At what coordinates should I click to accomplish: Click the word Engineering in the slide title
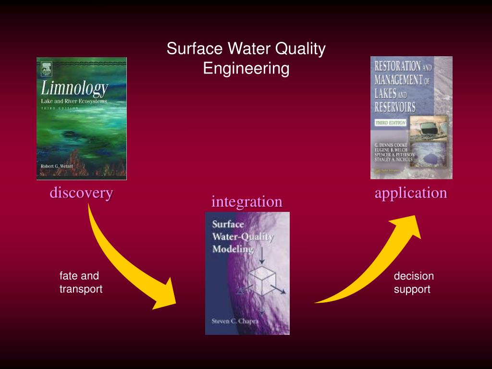(x=246, y=68)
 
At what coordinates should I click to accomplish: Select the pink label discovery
(x=81, y=193)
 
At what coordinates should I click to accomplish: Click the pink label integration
(x=246, y=202)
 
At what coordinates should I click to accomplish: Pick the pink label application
(x=411, y=193)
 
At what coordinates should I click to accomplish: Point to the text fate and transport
(x=81, y=283)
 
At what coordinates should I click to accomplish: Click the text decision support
(x=413, y=283)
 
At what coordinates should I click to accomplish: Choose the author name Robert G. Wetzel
(x=59, y=165)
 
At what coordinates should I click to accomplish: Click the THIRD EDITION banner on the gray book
(x=391, y=123)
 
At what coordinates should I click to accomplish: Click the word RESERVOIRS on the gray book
(x=395, y=107)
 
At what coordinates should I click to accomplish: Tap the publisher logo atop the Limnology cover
(x=47, y=68)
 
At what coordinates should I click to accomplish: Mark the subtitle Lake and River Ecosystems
(x=74, y=101)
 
